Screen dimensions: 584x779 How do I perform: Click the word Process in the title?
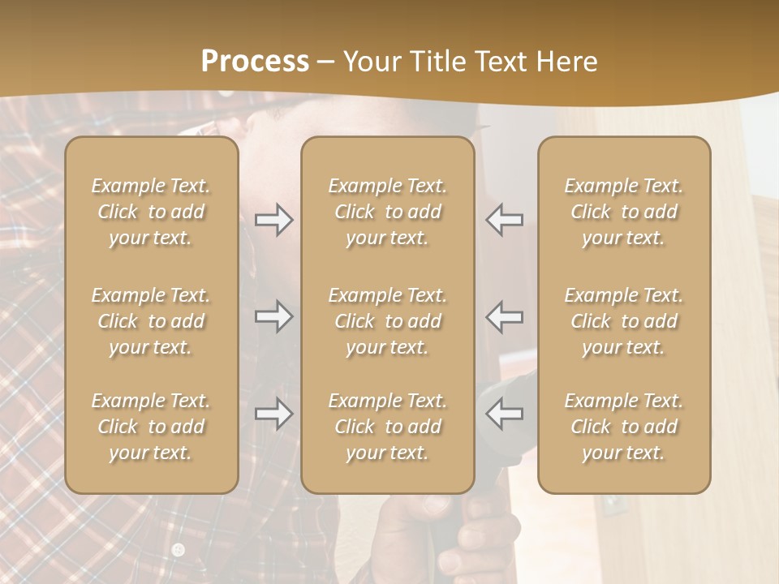click(x=255, y=62)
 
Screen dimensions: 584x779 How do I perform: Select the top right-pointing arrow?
click(x=273, y=220)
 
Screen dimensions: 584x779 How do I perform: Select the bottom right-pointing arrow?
click(x=273, y=414)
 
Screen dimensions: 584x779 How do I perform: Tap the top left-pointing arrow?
click(x=504, y=220)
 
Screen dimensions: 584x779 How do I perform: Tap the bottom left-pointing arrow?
click(x=504, y=414)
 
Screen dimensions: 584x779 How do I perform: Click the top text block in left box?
click(x=151, y=212)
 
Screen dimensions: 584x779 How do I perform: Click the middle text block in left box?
click(x=151, y=321)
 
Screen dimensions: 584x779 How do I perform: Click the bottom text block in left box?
click(x=151, y=427)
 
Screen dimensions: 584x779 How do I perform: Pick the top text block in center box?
click(x=388, y=212)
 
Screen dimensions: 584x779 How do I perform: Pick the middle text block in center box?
click(x=388, y=321)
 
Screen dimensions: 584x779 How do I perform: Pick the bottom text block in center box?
click(x=388, y=427)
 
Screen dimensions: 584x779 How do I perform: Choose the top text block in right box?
click(x=624, y=212)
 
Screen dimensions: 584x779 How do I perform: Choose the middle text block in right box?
click(x=624, y=321)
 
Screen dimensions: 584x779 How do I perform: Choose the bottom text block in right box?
click(x=624, y=427)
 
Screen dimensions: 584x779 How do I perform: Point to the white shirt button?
click(x=179, y=550)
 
